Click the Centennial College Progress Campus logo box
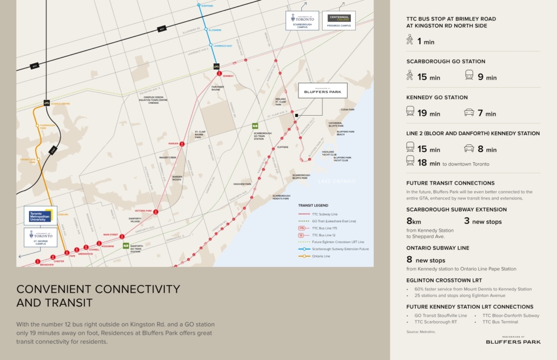pos(339,21)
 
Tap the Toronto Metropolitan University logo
pos(41,216)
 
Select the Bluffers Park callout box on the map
pos(322,90)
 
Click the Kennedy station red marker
pos(219,73)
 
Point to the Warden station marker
pos(182,144)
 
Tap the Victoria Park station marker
pos(156,212)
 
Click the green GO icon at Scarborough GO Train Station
pos(255,126)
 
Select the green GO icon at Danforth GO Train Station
pos(125,245)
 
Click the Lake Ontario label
pos(337,181)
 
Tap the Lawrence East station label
pos(223,45)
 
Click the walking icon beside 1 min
pos(410,40)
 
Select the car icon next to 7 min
pos(469,112)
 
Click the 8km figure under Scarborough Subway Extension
pos(413,221)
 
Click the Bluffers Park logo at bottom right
pos(513,340)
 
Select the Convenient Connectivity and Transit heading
pos(98,295)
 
